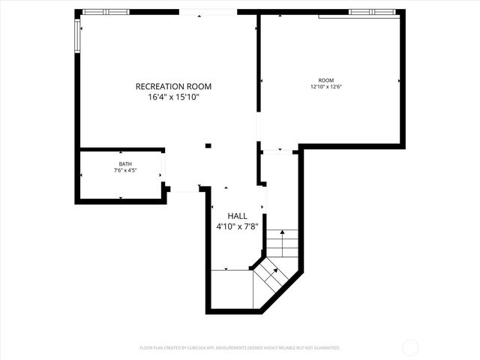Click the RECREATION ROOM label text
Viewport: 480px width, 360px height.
point(168,86)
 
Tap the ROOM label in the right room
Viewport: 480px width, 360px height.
point(325,80)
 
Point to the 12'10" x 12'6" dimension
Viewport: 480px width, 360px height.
point(325,86)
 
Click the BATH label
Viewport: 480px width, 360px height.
point(124,164)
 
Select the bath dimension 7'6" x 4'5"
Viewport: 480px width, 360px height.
point(124,170)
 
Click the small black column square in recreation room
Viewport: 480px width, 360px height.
point(208,145)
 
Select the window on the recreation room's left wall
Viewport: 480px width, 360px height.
point(77,36)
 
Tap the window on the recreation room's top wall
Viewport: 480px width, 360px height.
point(106,12)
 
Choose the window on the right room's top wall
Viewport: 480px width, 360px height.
point(372,12)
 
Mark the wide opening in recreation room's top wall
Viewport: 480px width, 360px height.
point(208,12)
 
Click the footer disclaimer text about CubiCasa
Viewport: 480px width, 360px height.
point(240,348)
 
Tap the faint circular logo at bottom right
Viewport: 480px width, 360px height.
point(410,347)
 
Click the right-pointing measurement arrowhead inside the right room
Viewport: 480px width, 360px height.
point(399,80)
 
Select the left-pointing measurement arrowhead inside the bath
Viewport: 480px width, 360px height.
point(82,175)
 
